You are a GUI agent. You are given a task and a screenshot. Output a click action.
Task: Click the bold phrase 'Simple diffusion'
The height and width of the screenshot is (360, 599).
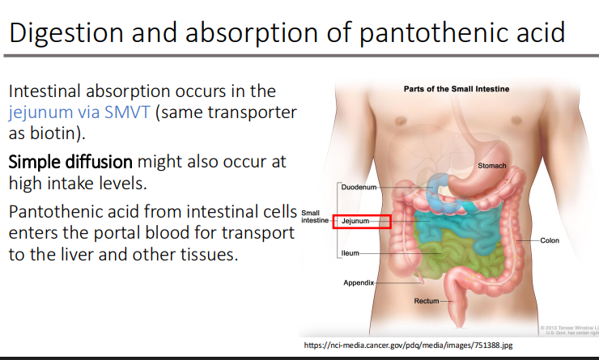pyautogui.click(x=66, y=162)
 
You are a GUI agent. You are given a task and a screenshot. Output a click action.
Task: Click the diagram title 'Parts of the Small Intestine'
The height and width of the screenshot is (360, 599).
pyautogui.click(x=457, y=89)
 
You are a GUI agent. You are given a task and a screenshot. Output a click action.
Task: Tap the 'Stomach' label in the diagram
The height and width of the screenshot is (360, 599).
pyautogui.click(x=492, y=166)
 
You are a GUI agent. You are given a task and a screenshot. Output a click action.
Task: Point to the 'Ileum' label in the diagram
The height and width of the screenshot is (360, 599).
pyautogui.click(x=350, y=254)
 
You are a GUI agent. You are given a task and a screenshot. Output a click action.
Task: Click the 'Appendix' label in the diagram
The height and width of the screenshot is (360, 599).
pyautogui.click(x=359, y=283)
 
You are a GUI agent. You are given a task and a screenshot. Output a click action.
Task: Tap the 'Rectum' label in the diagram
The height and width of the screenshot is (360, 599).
pyautogui.click(x=426, y=301)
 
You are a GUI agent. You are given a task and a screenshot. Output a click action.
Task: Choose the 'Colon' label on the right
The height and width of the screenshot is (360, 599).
pyautogui.click(x=550, y=240)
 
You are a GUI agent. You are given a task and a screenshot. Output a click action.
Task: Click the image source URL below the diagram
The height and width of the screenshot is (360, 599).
pyautogui.click(x=408, y=345)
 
